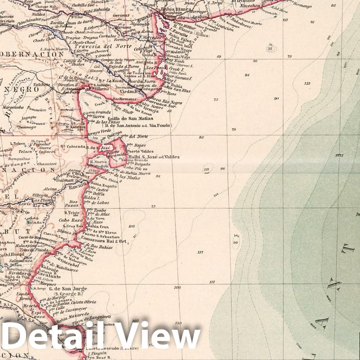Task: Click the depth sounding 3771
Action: (x=339, y=156)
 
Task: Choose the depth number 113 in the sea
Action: (x=307, y=83)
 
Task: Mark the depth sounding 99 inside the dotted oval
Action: (x=235, y=243)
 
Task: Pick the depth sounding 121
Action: (x=212, y=282)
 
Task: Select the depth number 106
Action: (x=177, y=287)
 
